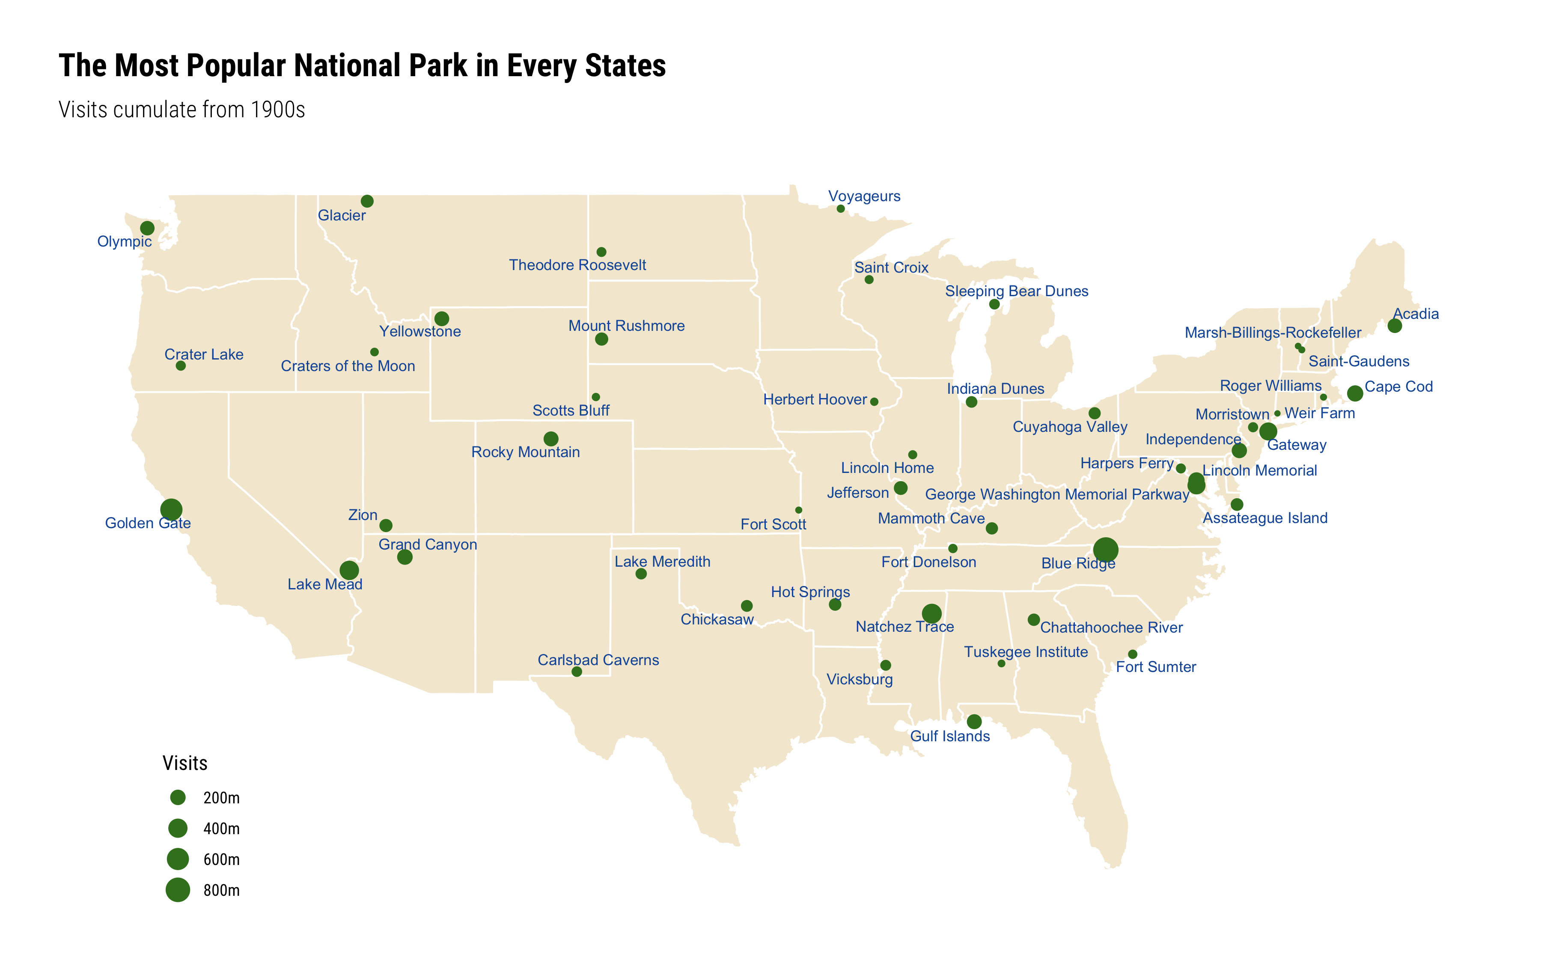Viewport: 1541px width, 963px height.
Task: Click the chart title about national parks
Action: coord(362,65)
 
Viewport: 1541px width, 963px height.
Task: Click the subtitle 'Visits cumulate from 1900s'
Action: coord(181,110)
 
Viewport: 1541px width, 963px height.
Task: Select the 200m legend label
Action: coord(221,798)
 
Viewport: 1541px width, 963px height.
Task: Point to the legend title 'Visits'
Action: coord(184,763)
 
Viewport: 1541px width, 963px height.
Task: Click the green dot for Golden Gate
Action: coord(171,509)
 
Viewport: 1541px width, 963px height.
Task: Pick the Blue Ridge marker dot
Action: coord(1105,549)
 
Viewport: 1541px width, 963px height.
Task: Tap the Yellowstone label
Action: coord(419,331)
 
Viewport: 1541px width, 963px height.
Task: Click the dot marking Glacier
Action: coord(367,201)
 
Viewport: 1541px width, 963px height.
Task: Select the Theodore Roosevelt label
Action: coord(577,265)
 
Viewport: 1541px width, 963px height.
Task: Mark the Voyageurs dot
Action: coord(841,209)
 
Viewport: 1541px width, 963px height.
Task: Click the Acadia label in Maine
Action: coord(1416,313)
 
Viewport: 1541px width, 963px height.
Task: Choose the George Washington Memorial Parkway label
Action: coord(1057,494)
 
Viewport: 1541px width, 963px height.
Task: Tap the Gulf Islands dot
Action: coord(974,722)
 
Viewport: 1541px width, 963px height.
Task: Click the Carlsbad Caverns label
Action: coord(598,660)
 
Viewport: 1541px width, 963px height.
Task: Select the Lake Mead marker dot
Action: coord(349,570)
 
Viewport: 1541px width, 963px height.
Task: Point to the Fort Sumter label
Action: coord(1156,667)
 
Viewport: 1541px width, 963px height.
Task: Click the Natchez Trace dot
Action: coord(931,613)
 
